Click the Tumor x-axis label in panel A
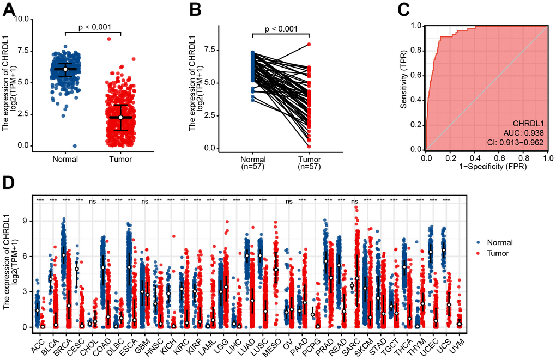tap(120, 160)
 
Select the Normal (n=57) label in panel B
tap(252, 163)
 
